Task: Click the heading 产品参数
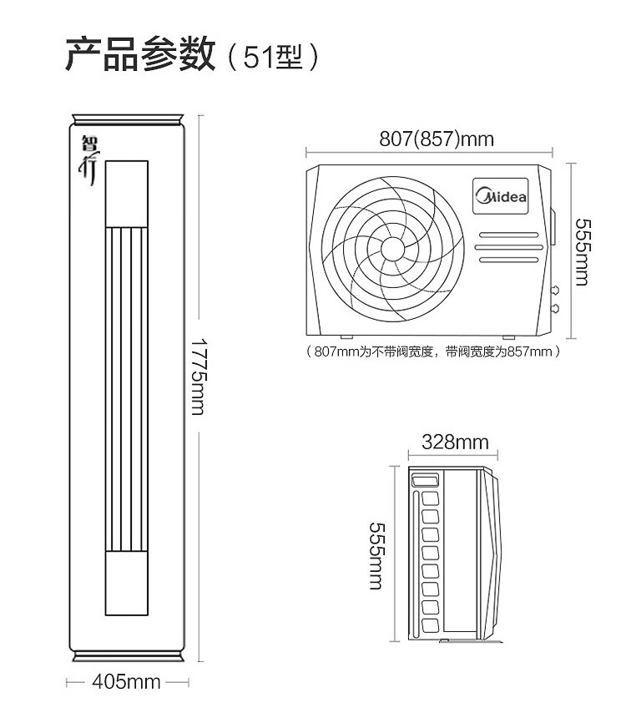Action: pos(140,54)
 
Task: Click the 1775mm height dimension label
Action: pos(198,376)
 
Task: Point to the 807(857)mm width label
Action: pos(437,139)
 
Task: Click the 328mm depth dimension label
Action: pos(455,442)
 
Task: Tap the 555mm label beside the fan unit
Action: pos(583,252)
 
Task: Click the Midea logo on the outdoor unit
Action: pos(500,196)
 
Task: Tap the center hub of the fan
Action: pos(393,248)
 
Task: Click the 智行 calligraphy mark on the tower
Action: pos(89,160)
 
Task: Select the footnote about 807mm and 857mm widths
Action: pos(432,351)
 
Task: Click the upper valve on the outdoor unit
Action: pos(554,290)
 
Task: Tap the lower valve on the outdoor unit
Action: pos(554,309)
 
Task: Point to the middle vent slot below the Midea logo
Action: pos(509,247)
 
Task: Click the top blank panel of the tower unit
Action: pos(127,194)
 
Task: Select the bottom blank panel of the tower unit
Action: pos(127,584)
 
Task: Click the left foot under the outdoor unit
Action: pos(346,337)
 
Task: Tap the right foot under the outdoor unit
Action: pos(508,337)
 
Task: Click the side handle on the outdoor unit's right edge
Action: pos(553,226)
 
